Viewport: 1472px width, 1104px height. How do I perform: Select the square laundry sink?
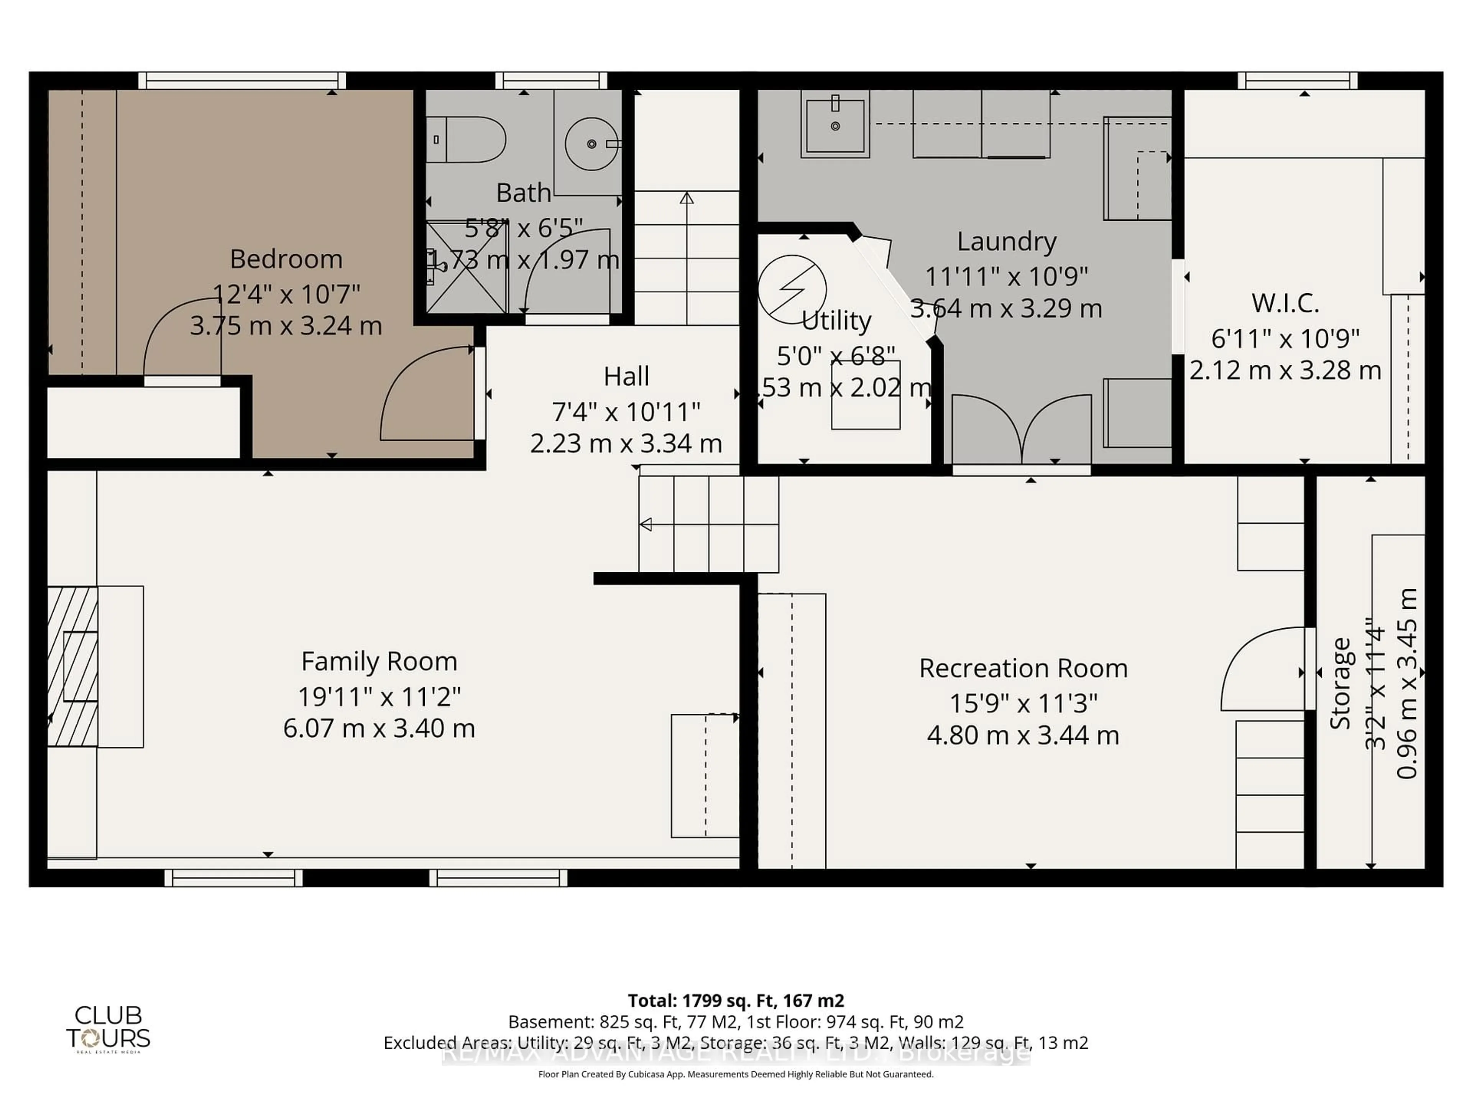tap(835, 125)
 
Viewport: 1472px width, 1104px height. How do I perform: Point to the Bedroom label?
tap(286, 259)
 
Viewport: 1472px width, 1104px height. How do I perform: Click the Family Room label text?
tap(379, 662)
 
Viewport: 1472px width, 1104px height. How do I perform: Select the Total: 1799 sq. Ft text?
tap(735, 1000)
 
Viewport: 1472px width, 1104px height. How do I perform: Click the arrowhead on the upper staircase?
tap(687, 198)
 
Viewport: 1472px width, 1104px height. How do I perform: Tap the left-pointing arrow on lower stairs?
tap(646, 524)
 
